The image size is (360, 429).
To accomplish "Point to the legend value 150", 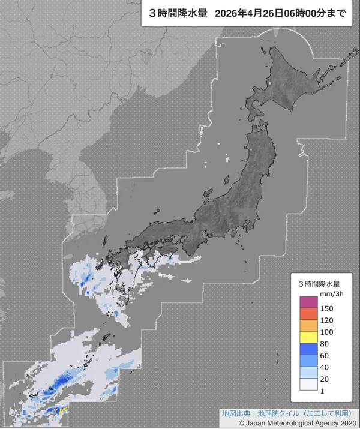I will (x=326, y=308).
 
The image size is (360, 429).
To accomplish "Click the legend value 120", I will (x=326, y=320).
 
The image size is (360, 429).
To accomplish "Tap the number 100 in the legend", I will (x=326, y=332).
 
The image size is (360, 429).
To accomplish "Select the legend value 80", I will (x=325, y=344).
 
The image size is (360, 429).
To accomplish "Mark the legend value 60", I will (x=325, y=356).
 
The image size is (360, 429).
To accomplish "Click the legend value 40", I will (x=325, y=368).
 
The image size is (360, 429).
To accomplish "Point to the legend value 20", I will (x=325, y=380).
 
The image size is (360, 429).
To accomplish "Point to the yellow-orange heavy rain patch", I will (x=61, y=410).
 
